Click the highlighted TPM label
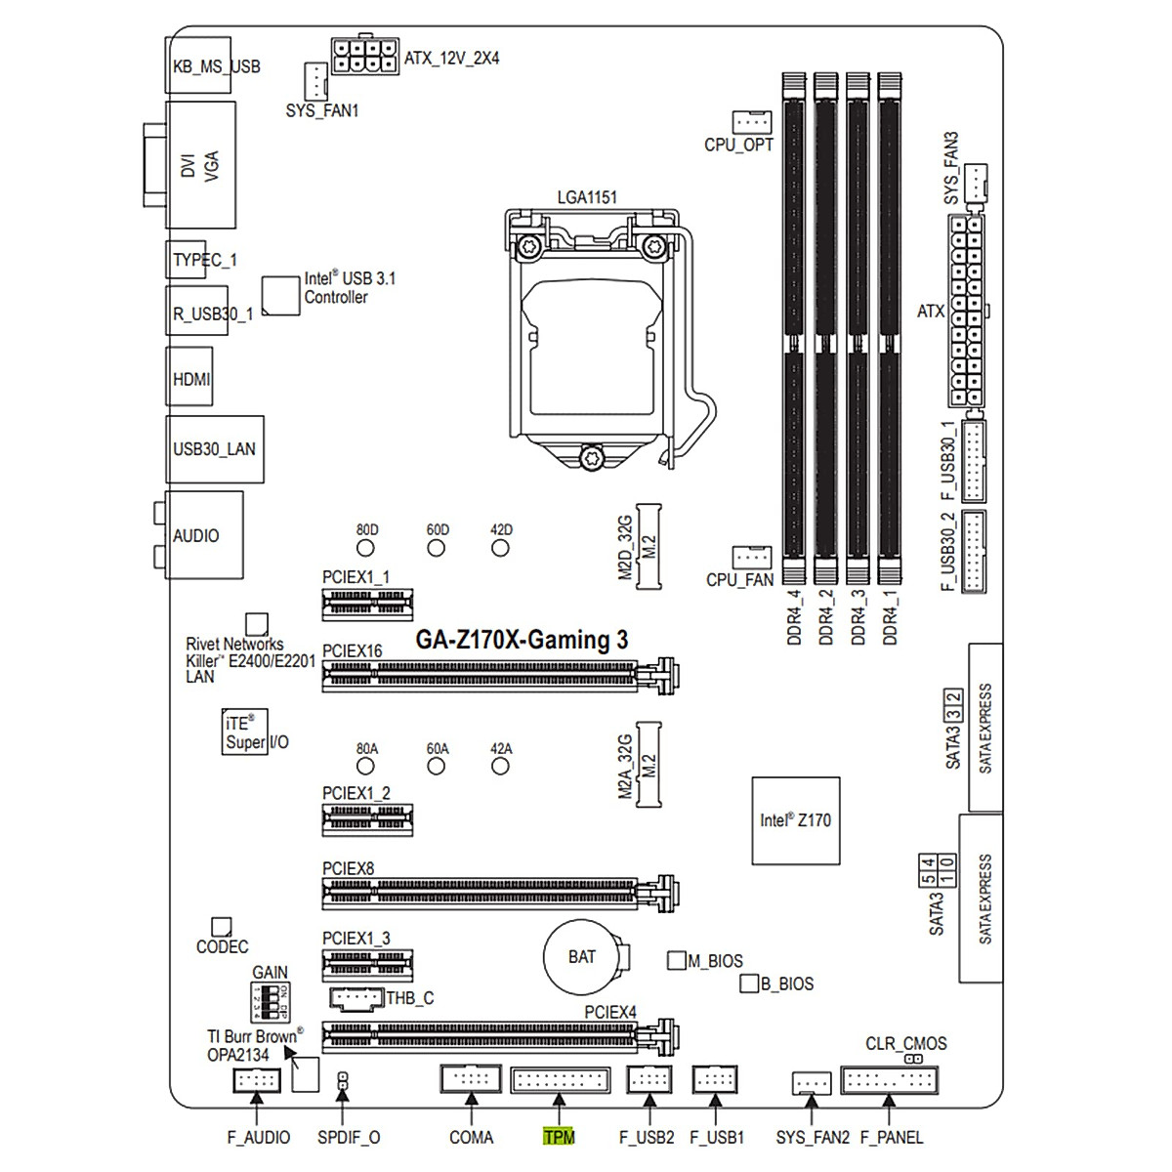559,1137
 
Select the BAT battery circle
582,957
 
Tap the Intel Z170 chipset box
795,820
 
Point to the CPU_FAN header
751,557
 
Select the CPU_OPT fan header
751,121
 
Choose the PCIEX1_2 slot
367,818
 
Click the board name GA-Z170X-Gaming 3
522,640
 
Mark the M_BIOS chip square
676,960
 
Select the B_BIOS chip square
749,983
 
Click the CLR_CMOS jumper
914,1059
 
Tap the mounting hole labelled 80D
367,548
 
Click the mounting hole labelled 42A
500,767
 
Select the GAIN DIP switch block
269,1002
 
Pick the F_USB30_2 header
974,551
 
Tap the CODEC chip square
222,926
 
